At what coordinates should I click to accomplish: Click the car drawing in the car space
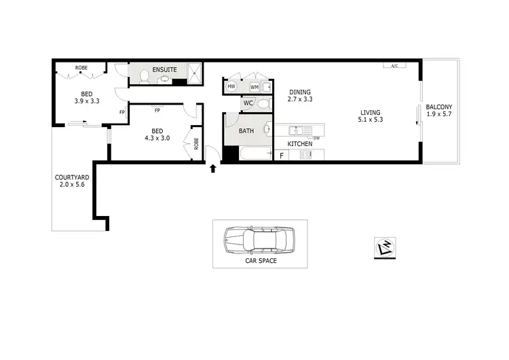[x=260, y=240]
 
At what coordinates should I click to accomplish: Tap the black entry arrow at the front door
[x=214, y=167]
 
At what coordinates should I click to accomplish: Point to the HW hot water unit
[x=231, y=87]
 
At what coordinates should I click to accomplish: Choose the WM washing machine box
[x=254, y=87]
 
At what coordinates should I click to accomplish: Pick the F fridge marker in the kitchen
[x=282, y=156]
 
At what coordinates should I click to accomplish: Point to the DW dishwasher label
[x=316, y=138]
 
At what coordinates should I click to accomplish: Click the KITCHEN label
[x=300, y=144]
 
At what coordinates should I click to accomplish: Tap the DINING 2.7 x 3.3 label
[x=300, y=96]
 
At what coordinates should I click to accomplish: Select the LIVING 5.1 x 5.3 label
[x=371, y=116]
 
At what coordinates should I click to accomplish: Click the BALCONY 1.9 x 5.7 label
[x=439, y=111]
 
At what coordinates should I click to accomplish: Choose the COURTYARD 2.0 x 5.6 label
[x=71, y=181]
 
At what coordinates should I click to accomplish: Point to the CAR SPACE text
[x=260, y=260]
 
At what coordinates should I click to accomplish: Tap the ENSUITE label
[x=164, y=69]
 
